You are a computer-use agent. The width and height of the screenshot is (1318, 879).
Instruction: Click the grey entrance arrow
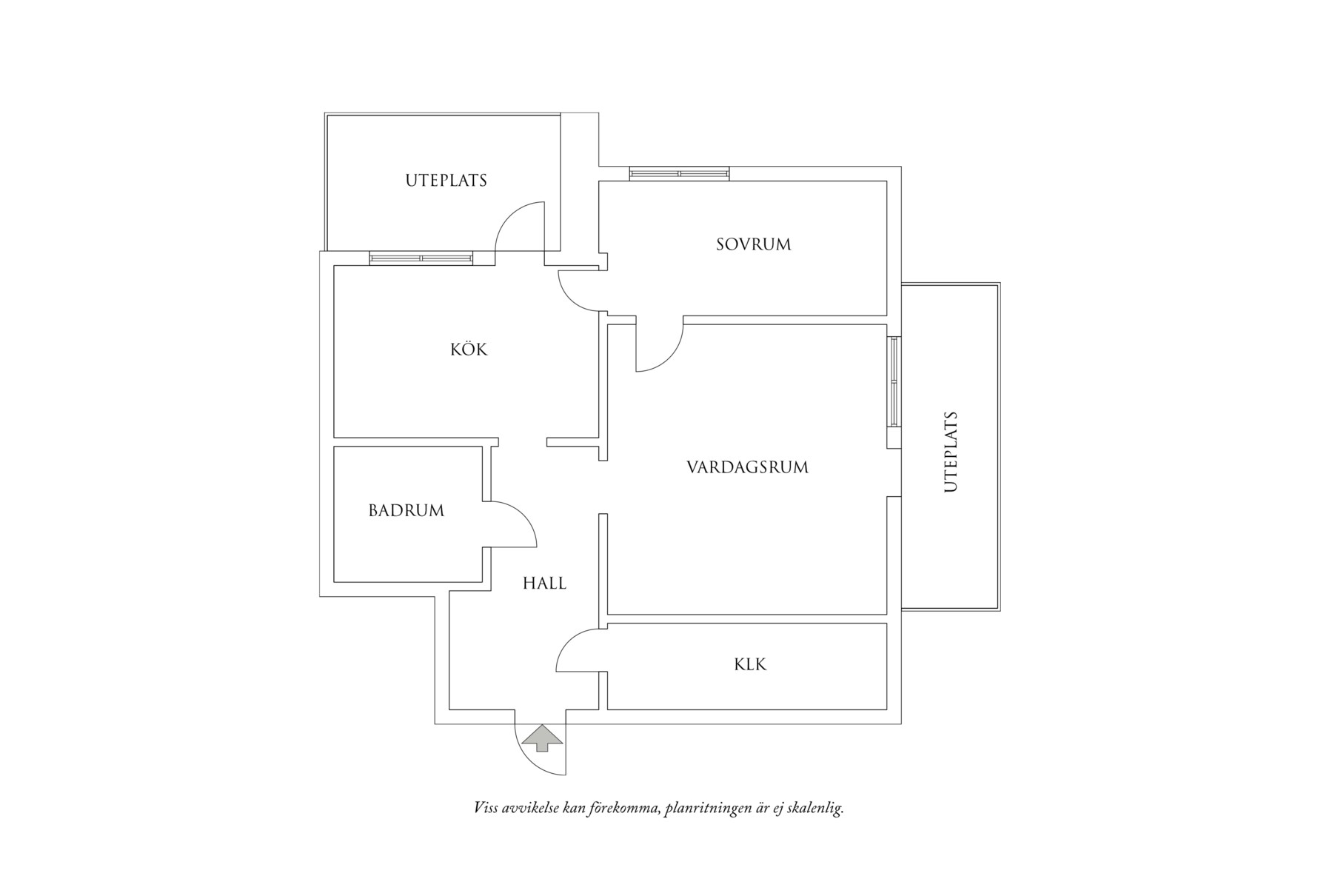coord(543,738)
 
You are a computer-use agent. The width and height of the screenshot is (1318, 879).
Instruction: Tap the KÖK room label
coord(469,350)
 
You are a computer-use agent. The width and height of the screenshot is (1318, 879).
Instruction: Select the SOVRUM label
coord(753,244)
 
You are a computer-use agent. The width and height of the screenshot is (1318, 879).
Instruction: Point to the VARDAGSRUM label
coord(747,467)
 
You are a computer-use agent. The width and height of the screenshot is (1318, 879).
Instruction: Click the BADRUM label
coord(407,510)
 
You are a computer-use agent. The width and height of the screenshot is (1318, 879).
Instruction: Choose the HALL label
coord(544,584)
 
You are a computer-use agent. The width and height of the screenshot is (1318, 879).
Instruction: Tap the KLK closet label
coord(750,664)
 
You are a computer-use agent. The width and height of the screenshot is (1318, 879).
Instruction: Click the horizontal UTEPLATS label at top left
coord(446,180)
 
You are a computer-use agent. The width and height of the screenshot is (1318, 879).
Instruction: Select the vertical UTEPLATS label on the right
coord(951,452)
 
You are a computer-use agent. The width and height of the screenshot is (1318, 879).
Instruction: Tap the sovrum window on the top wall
coord(679,174)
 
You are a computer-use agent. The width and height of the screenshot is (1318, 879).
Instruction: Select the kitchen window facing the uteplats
coord(421,258)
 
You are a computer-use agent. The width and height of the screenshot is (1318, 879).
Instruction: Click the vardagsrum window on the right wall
coord(894,381)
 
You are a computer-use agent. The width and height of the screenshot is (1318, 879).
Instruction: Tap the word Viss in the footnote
coord(485,808)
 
